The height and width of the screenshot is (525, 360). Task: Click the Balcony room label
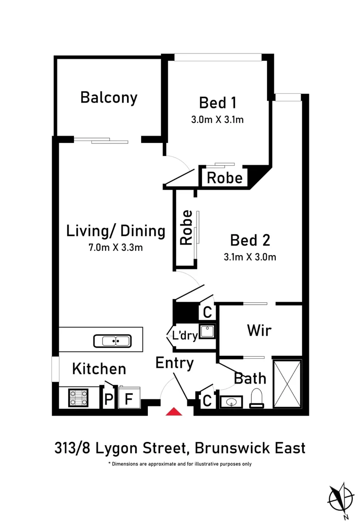[109, 98]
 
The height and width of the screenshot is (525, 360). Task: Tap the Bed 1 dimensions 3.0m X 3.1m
[217, 120]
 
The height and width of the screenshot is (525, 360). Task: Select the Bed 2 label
[250, 240]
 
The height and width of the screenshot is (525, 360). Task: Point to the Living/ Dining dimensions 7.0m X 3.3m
[116, 247]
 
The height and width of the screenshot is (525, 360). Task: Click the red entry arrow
[174, 412]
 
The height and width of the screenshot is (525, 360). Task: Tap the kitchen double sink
[112, 341]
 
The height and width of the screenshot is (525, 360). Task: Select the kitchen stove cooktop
[78, 398]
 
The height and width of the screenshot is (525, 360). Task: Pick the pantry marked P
[108, 399]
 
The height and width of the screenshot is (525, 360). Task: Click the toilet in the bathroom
[257, 398]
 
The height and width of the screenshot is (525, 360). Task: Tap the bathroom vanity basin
[231, 402]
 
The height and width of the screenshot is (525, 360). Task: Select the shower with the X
[287, 384]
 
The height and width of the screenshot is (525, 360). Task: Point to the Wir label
[259, 331]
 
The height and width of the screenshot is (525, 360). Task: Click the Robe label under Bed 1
[225, 178]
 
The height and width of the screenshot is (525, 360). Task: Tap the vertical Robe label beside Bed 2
[186, 227]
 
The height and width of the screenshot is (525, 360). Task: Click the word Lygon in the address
[117, 448]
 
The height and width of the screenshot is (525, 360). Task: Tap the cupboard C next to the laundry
[207, 313]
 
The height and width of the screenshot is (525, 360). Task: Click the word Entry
[175, 363]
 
